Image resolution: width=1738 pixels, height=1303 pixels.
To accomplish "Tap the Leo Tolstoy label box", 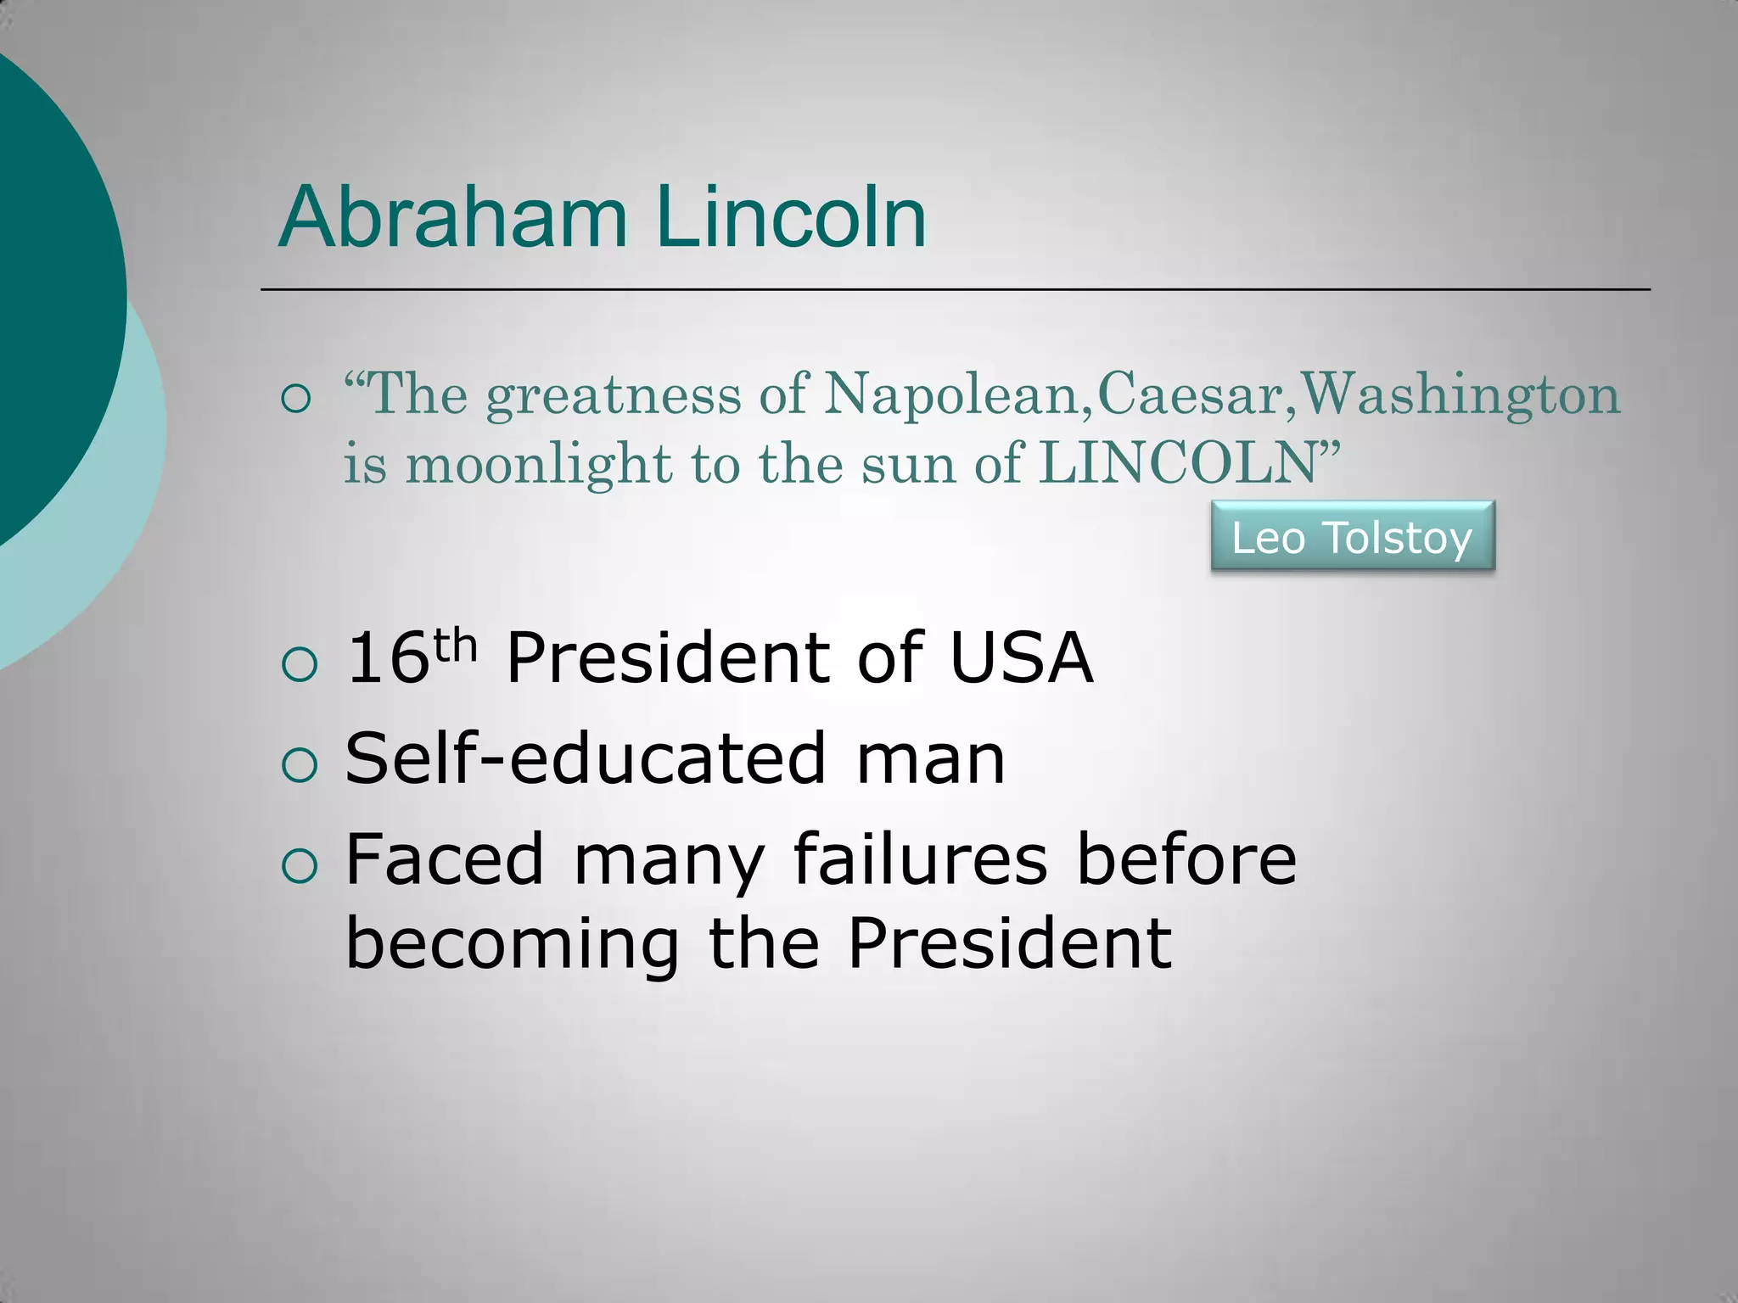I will coord(1352,537).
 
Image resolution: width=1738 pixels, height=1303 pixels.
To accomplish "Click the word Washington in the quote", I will coord(1460,397).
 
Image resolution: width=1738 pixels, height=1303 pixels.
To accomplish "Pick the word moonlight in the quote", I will coord(538,466).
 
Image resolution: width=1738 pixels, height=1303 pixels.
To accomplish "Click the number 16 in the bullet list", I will coord(387,658).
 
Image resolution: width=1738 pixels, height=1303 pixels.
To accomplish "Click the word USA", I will coord(1020,658).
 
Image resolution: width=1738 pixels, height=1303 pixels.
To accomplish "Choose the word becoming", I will coord(512,945).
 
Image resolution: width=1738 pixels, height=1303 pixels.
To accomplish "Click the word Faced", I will coord(444,859).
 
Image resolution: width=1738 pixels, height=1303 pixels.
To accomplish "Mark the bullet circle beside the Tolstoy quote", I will coord(295,398).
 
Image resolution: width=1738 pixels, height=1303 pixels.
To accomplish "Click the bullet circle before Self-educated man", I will coord(299,765).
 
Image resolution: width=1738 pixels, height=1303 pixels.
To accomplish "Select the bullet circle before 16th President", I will coord(299,665).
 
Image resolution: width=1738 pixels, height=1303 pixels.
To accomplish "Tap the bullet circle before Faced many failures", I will coord(299,867).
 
